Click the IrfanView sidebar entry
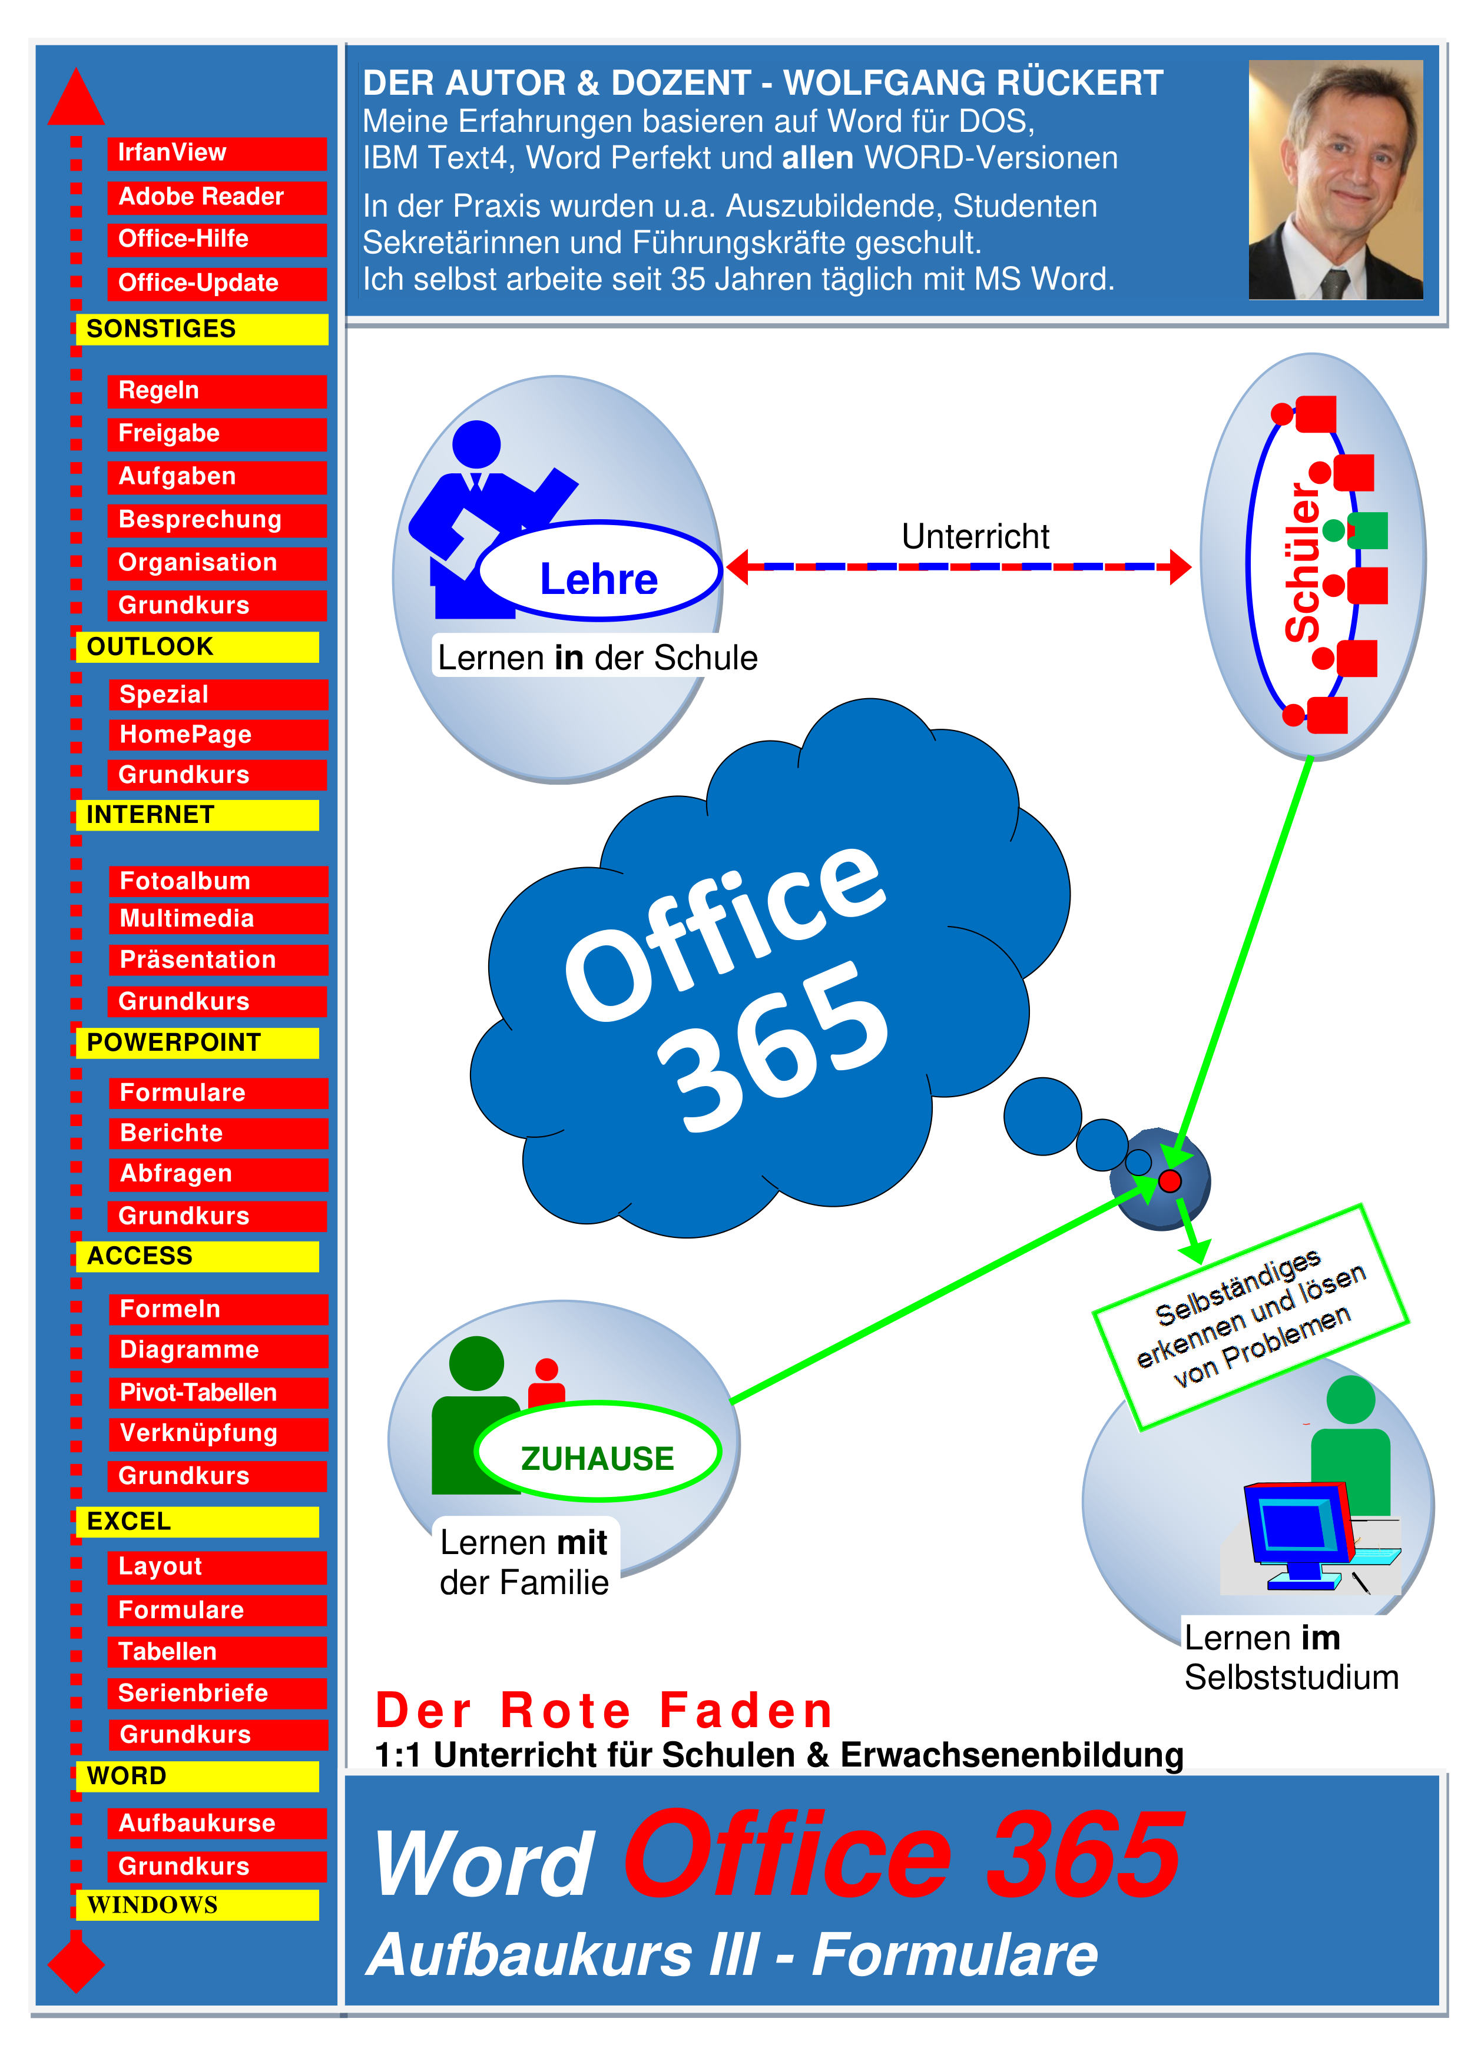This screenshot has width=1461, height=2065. [x=217, y=153]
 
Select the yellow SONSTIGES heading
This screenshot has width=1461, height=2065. [x=201, y=329]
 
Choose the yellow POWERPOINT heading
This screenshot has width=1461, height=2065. [x=197, y=1043]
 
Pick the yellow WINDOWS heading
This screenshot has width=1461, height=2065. [x=197, y=1904]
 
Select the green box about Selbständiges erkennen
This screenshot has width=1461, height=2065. [x=1251, y=1317]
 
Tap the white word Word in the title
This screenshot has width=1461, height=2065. [x=484, y=1864]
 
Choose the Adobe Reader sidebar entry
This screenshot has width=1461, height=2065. [x=217, y=197]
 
